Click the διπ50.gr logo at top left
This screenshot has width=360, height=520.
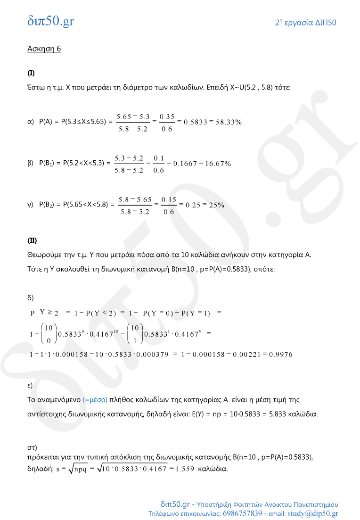50,21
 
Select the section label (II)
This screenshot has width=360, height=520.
32,240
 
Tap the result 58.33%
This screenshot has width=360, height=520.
229,122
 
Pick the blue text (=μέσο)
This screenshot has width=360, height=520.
95,400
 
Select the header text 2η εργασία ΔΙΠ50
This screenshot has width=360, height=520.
305,23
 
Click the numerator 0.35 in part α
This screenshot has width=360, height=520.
167,116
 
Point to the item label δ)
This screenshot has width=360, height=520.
30,297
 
